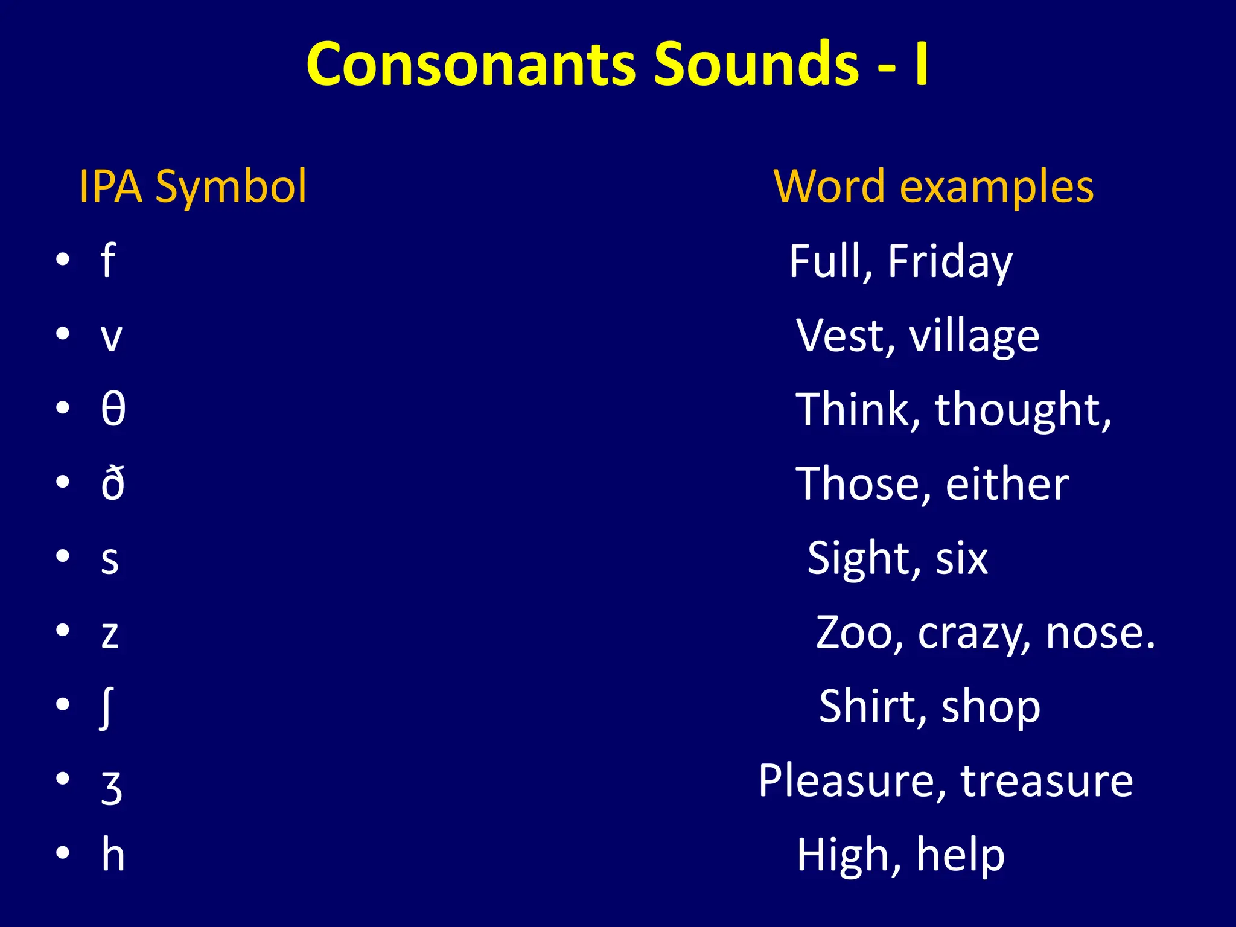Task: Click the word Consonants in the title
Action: pos(471,64)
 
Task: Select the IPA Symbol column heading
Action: pos(193,186)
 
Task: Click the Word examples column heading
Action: pos(933,186)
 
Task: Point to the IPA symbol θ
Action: pos(113,409)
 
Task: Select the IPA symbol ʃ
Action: pos(106,707)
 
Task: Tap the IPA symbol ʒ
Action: pos(112,786)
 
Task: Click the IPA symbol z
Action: pos(110,634)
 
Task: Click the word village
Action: pos(974,336)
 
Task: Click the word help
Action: pos(960,855)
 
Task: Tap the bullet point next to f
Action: pos(63,261)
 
